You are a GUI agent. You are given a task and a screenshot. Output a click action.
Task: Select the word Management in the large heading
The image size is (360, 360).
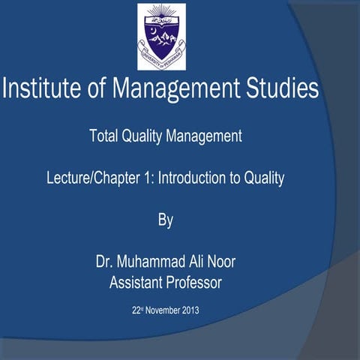pos(178,90)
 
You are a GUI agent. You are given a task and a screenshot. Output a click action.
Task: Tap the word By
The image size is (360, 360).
pos(165,220)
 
